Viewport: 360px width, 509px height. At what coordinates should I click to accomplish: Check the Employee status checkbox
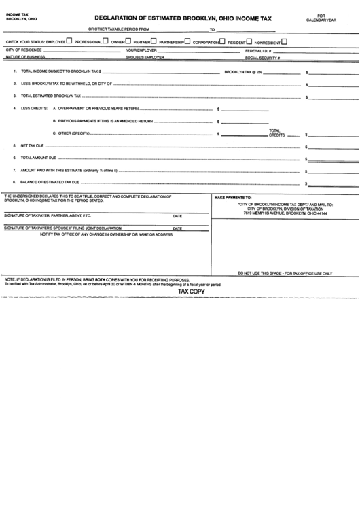[x=70, y=41]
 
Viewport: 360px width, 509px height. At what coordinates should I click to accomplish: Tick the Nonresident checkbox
[x=284, y=41]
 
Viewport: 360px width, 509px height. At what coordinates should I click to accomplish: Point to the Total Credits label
[x=275, y=133]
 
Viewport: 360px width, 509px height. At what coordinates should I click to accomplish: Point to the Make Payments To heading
[x=234, y=197]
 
